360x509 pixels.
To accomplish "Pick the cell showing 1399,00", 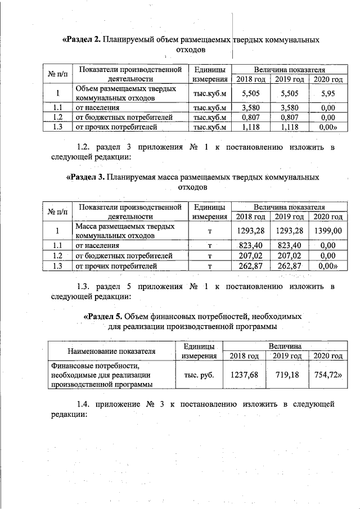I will pos(327,230).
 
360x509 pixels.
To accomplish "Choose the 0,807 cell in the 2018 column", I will pos(250,118).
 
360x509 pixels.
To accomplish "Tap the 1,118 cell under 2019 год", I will pos(289,128).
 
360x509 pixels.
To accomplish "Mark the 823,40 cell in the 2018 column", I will pos(250,245).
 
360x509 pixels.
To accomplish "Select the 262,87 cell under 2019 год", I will pos(289,265).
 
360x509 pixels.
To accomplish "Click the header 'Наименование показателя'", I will pos(111,351).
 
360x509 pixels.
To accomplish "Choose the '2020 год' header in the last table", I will pos(327,355).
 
